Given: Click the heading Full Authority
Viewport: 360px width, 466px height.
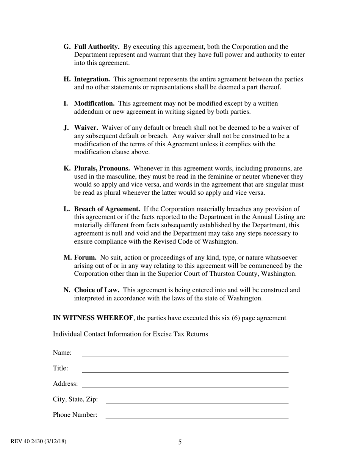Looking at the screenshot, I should pyautogui.click(x=97, y=47).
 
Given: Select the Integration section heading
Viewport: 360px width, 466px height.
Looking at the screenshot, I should pyautogui.click(x=92, y=80).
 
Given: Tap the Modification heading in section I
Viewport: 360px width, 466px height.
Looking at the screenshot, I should pyautogui.click(x=94, y=104).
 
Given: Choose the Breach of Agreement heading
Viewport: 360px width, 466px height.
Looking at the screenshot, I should pyautogui.click(x=107, y=209).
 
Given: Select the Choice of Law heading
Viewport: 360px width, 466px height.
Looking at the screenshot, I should pyautogui.click(x=97, y=290).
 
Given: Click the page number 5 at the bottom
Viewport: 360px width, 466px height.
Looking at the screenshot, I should pyautogui.click(x=180, y=442).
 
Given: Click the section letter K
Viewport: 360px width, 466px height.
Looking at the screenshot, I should pyautogui.click(x=67, y=169).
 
